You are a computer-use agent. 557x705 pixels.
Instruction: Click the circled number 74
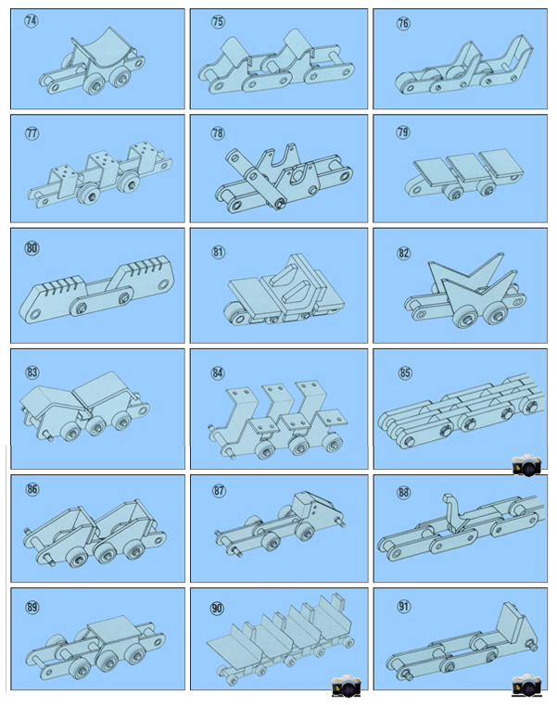click(32, 20)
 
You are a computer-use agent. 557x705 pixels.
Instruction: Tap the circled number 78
click(218, 133)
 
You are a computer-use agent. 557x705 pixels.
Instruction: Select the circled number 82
click(403, 253)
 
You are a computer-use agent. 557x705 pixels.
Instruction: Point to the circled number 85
click(405, 372)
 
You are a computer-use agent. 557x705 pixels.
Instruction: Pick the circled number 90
click(217, 609)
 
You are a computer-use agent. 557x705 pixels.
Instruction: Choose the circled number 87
click(219, 490)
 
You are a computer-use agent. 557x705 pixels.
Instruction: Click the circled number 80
click(32, 248)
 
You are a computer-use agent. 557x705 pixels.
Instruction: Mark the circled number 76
click(403, 23)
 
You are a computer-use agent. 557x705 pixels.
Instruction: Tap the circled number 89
click(32, 608)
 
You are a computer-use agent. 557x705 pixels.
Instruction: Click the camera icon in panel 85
click(526, 465)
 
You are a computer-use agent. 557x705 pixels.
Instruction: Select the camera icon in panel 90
click(347, 686)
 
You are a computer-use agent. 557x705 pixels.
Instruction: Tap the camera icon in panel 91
click(526, 686)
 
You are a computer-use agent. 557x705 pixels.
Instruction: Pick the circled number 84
click(218, 373)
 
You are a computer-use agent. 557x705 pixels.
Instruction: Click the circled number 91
click(403, 607)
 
